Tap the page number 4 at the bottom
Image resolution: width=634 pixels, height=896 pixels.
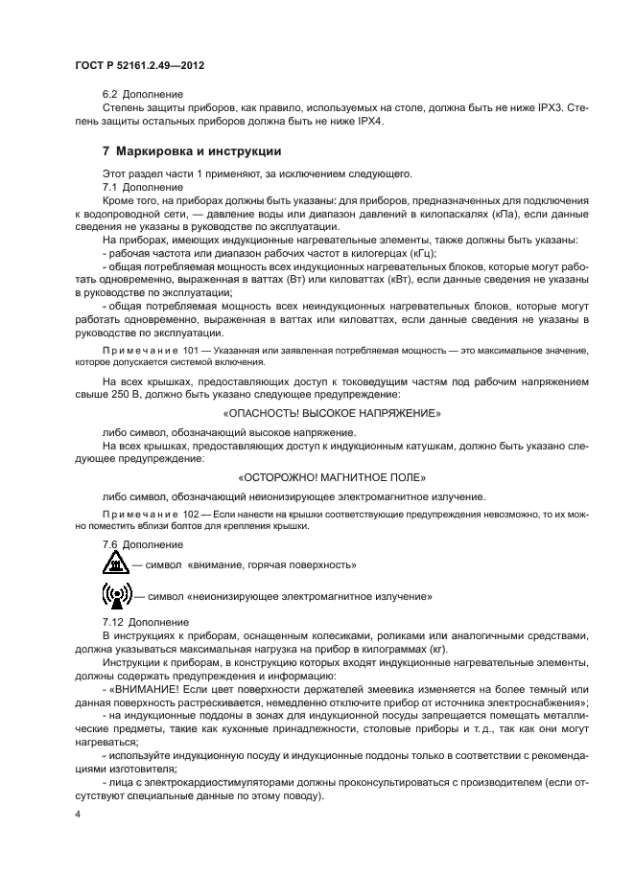[78, 814]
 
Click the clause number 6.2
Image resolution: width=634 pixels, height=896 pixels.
[111, 96]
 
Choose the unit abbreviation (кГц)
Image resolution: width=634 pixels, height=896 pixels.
[418, 252]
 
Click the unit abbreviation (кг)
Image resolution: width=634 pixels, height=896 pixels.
[435, 648]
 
